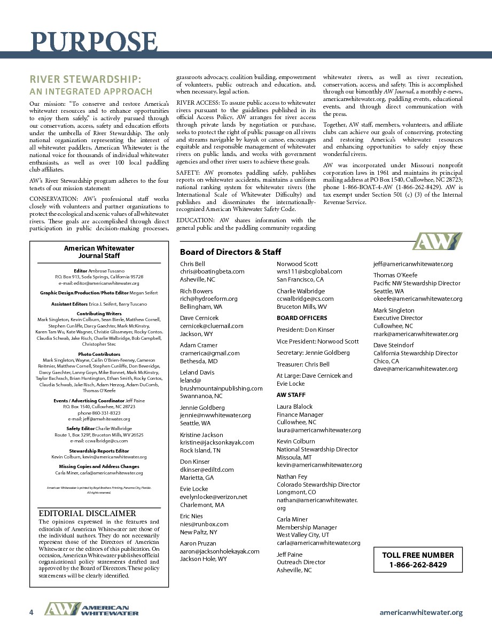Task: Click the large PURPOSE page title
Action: (x=94, y=42)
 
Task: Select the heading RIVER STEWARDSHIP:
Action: (x=85, y=79)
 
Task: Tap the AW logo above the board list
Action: (x=438, y=241)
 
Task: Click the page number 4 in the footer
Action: (x=32, y=612)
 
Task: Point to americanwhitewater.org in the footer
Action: (x=421, y=613)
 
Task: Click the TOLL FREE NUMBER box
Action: (x=418, y=560)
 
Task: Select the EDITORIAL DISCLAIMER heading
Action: (x=88, y=513)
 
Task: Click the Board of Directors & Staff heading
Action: (x=230, y=252)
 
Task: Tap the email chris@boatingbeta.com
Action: (x=212, y=271)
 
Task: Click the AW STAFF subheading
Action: (x=291, y=395)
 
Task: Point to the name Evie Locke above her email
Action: (x=194, y=489)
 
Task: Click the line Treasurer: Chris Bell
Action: (x=303, y=364)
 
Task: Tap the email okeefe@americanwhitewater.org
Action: (x=418, y=299)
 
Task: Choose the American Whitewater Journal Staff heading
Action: (x=99, y=252)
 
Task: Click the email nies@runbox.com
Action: (x=204, y=524)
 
